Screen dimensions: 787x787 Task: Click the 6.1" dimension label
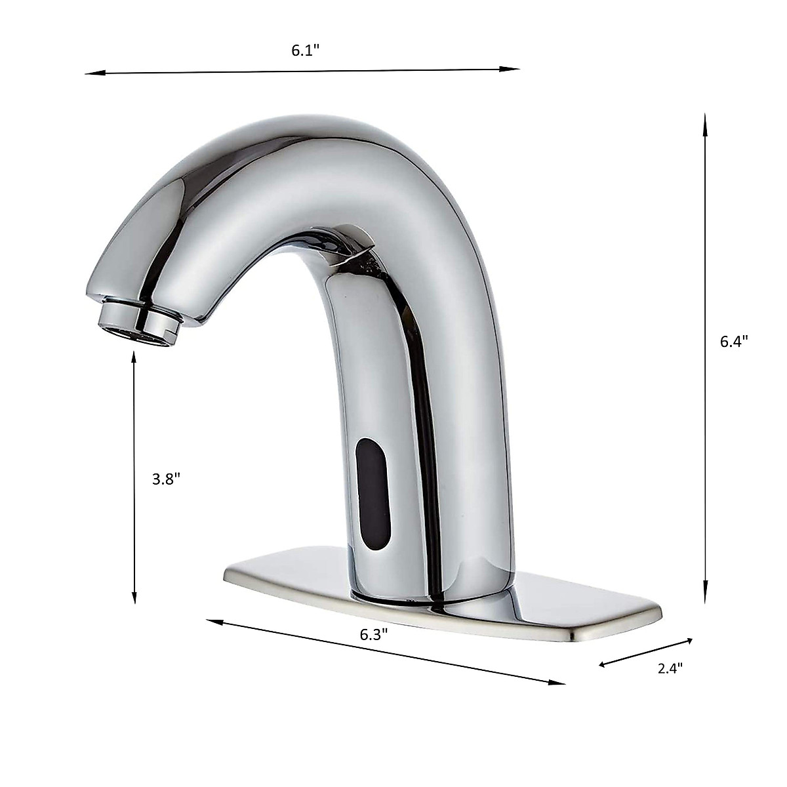point(305,51)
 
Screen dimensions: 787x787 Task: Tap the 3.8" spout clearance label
point(166,479)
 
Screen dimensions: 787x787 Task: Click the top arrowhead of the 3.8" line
point(134,357)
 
